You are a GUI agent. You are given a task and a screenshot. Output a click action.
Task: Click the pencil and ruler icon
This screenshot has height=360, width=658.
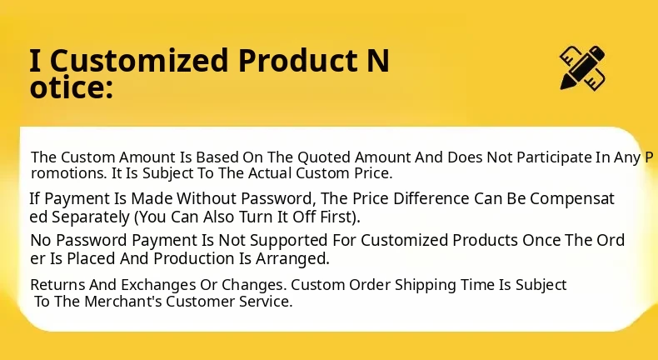[583, 68]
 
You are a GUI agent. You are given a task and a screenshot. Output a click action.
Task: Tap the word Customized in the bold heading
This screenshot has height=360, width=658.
[139, 61]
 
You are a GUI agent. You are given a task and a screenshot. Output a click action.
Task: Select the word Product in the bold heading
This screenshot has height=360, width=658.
[298, 60]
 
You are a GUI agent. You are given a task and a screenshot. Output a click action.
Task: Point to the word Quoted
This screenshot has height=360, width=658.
[324, 157]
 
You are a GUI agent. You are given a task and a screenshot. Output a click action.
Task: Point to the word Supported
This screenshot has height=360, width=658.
[288, 240]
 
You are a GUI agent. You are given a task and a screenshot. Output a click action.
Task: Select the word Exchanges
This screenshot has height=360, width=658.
[158, 285]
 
